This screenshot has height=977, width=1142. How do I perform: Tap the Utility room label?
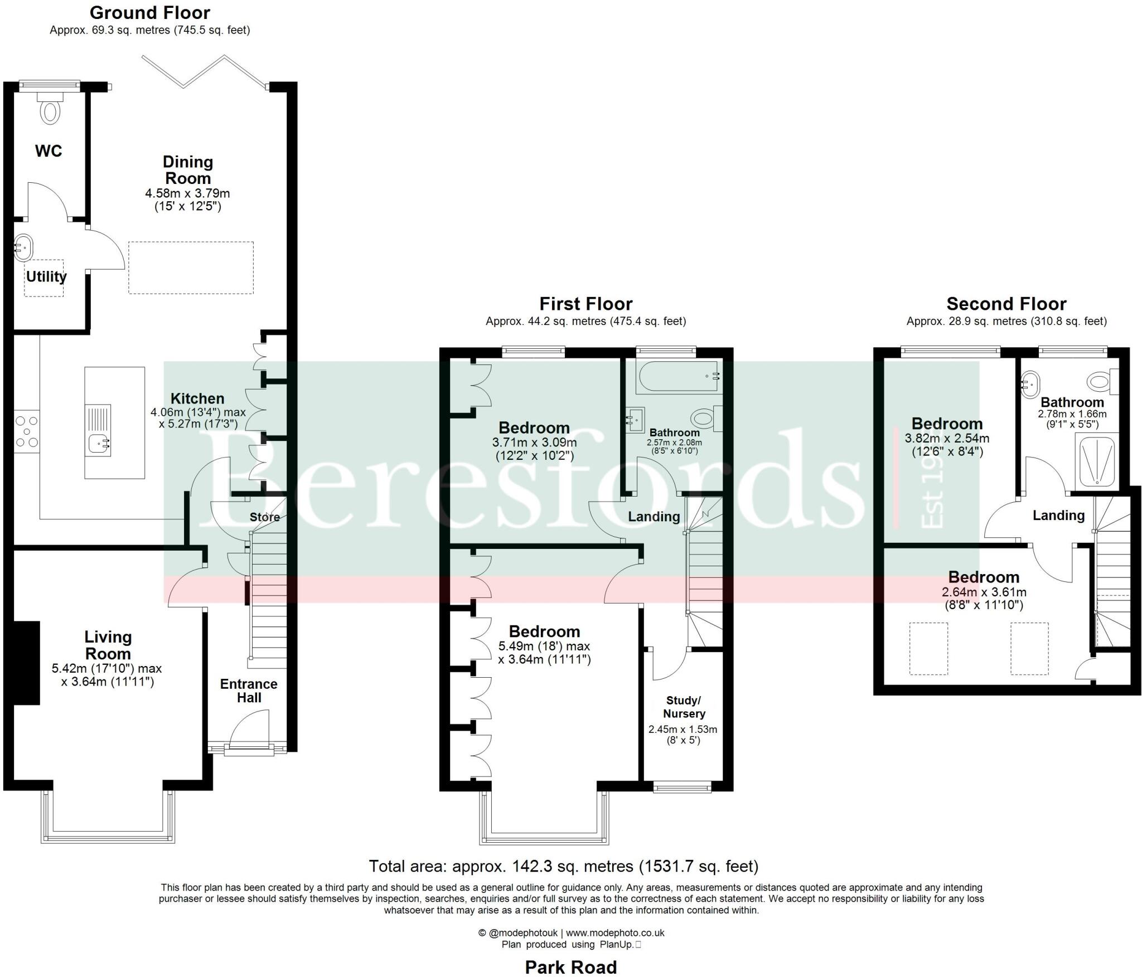pos(46,276)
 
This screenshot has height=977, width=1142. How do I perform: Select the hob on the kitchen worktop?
pos(27,432)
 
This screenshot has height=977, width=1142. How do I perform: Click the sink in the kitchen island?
pos(99,444)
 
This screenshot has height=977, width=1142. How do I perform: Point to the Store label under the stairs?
pos(264,517)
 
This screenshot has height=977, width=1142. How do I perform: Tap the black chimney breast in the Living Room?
pos(26,663)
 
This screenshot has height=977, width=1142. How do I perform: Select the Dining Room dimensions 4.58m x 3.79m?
pos(187,193)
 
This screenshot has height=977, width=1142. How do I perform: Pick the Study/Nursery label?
pos(684,707)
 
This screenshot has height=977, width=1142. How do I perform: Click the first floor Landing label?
pos(654,517)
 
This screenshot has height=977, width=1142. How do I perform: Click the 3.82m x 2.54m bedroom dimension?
pos(947,439)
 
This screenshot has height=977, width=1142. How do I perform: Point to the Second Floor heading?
pos(1006,304)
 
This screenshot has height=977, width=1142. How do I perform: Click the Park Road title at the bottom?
pos(570,967)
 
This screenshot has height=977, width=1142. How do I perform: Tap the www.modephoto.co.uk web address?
pos(615,932)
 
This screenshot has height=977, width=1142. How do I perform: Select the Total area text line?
pos(563,866)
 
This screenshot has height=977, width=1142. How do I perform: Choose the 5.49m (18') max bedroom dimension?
pos(544,647)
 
